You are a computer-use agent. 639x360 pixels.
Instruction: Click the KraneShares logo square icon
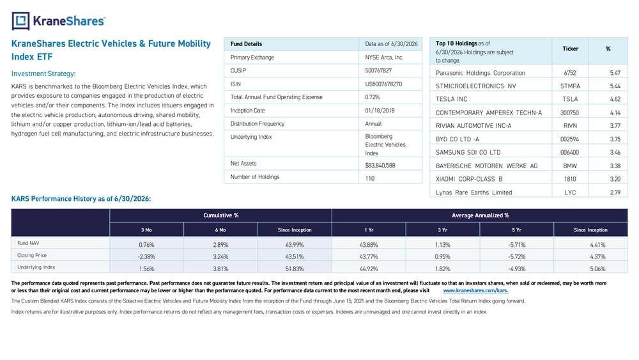click(20, 21)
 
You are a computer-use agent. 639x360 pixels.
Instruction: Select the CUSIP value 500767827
click(378, 70)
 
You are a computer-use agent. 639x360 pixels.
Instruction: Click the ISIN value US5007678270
click(383, 84)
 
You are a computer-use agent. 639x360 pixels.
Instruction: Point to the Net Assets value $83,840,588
click(380, 165)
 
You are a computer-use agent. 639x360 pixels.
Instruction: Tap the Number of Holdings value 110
click(369, 178)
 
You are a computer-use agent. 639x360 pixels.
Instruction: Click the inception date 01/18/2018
click(380, 111)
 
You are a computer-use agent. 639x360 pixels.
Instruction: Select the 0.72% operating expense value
click(372, 97)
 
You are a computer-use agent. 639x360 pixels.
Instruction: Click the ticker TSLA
click(570, 99)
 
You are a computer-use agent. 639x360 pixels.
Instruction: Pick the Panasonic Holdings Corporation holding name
click(480, 73)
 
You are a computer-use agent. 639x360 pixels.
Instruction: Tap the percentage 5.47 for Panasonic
click(615, 73)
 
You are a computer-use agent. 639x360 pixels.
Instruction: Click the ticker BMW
click(570, 166)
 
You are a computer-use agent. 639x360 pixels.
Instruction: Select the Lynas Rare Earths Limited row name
click(473, 192)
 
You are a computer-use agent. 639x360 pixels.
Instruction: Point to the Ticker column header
click(570, 49)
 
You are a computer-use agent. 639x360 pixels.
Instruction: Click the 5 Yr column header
click(516, 230)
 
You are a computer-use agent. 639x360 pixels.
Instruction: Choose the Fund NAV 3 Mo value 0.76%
click(146, 245)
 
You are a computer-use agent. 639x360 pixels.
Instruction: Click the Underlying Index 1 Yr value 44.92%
click(369, 269)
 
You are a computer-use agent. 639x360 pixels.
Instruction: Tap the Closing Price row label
click(32, 255)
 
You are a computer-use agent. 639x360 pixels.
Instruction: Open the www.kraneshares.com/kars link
click(475, 291)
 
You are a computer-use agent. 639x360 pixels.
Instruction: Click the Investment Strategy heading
click(43, 74)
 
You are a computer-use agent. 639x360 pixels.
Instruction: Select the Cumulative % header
click(221, 215)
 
